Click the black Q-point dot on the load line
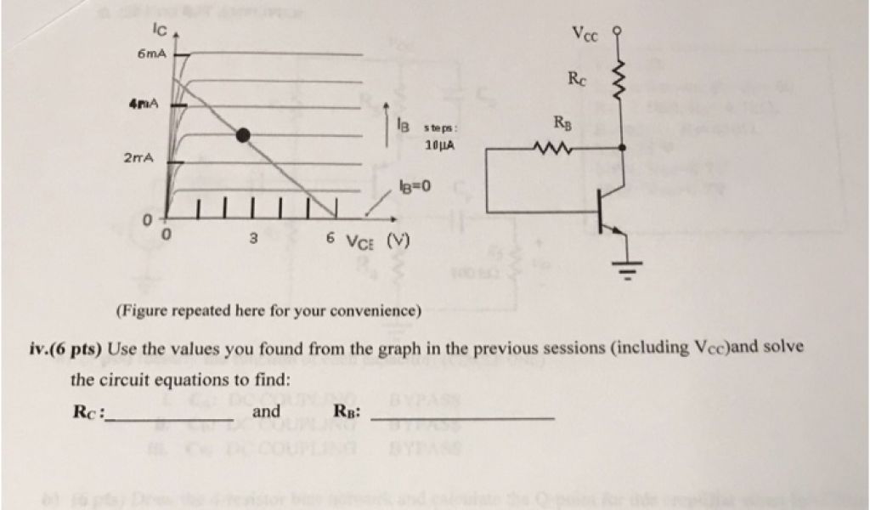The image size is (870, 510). pos(243,134)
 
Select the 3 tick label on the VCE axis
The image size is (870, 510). pos(252,237)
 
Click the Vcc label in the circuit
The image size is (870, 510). pos(585,35)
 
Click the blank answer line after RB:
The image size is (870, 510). pos(463,419)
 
